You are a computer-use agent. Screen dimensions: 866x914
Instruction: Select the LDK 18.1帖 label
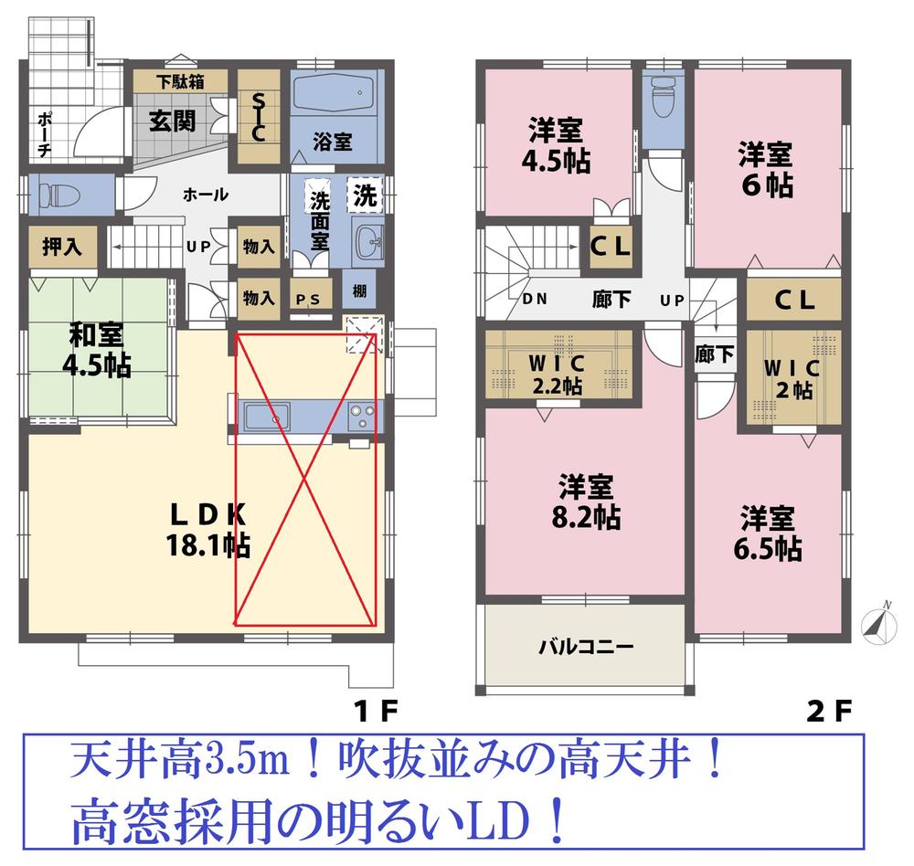click(207, 531)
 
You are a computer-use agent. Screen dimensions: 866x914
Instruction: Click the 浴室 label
click(333, 143)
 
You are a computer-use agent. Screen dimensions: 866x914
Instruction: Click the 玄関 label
click(171, 120)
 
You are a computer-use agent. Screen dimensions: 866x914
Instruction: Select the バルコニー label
click(584, 648)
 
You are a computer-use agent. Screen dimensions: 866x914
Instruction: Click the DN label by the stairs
click(535, 300)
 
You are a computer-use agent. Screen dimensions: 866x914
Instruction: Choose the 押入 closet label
click(61, 247)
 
